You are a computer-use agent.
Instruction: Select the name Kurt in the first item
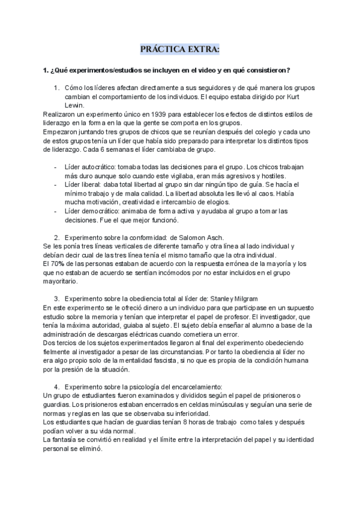305,96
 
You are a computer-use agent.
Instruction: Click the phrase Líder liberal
84,185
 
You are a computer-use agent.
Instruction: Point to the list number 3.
56,299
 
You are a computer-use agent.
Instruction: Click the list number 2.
56,238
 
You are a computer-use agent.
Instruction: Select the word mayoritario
60,281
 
